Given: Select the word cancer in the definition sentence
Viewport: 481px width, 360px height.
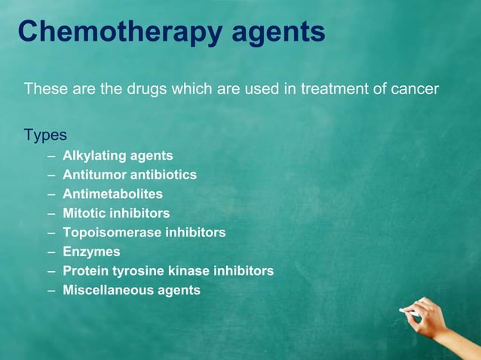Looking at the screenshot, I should pos(414,90).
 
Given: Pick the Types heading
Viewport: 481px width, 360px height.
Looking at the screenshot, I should pos(45,136).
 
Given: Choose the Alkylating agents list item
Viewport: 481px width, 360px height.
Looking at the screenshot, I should pos(118,156).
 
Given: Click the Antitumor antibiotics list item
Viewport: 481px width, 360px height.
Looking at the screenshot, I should pos(130,175).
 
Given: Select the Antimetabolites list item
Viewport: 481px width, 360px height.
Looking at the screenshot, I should pos(112,194).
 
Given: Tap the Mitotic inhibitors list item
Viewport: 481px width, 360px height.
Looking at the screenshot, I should pos(116,213).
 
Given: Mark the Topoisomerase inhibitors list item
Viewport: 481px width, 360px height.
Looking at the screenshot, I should pos(144,233).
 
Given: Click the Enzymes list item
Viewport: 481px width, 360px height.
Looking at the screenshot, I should pos(91,252).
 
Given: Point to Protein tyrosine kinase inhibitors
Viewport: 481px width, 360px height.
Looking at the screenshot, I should pos(168,270).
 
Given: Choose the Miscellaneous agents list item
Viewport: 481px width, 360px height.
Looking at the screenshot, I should pos(131,290).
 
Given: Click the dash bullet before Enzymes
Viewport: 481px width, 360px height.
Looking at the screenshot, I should pos(50,252).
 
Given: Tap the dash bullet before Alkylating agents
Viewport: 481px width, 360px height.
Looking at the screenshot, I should pos(50,156).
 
